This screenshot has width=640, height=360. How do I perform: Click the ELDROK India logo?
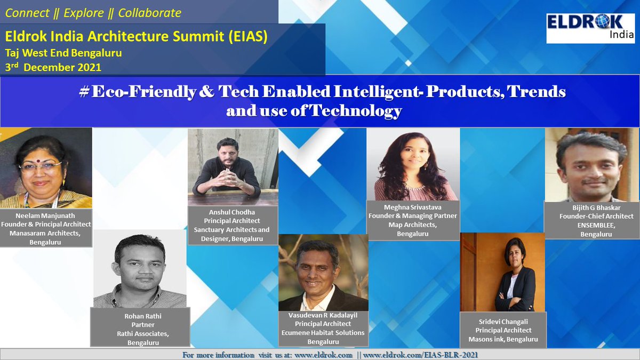click(590, 28)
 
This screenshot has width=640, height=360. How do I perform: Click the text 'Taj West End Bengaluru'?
click(63, 53)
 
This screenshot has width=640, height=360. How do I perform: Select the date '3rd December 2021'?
click(53, 67)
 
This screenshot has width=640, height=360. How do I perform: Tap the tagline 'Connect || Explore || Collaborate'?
click(93, 13)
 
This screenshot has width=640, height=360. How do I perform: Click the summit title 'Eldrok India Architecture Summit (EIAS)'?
click(136, 37)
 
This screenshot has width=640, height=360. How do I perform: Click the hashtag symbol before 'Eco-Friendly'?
click(83, 92)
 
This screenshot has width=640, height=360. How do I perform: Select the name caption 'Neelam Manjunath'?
click(46, 215)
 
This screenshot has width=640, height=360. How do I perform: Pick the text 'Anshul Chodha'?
click(233, 212)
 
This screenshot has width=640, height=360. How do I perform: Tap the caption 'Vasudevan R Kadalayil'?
click(323, 315)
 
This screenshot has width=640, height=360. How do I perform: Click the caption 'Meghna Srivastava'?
click(413, 207)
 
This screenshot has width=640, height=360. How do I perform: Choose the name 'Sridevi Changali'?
click(503, 322)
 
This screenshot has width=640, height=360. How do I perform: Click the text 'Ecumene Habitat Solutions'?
click(323, 333)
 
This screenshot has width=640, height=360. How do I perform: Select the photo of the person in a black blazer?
click(502, 272)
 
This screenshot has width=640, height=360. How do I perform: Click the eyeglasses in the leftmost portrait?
click(41, 166)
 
